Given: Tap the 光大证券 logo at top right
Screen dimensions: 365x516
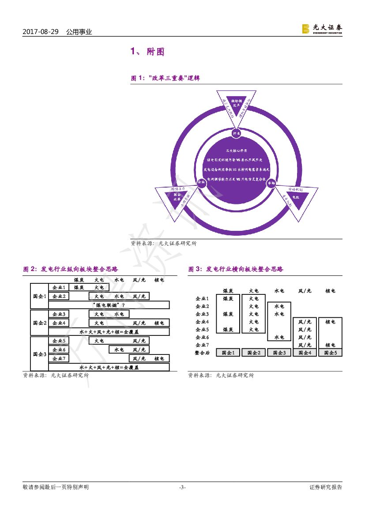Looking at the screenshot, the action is coord(322,29).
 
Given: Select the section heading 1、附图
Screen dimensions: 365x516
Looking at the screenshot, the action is coord(147,52).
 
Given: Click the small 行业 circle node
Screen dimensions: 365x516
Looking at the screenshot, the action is coord(236,133).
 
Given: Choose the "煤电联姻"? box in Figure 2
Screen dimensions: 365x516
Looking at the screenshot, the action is coord(109,305).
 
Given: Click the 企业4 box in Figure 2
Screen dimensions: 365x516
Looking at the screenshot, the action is coord(59,323).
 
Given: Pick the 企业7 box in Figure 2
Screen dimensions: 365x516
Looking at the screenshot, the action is coord(59,358).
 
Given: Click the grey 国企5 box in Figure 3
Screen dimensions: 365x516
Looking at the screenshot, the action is coord(331,353).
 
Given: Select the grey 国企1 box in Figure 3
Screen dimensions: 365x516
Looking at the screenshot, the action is coord(228,353).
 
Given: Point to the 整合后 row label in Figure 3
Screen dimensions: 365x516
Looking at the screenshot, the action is coord(202,353).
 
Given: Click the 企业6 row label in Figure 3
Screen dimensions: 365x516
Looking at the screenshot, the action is coord(202,337).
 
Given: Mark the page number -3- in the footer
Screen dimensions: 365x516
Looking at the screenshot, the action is coord(182,487).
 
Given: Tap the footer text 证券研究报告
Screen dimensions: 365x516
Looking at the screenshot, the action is coord(326,487).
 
